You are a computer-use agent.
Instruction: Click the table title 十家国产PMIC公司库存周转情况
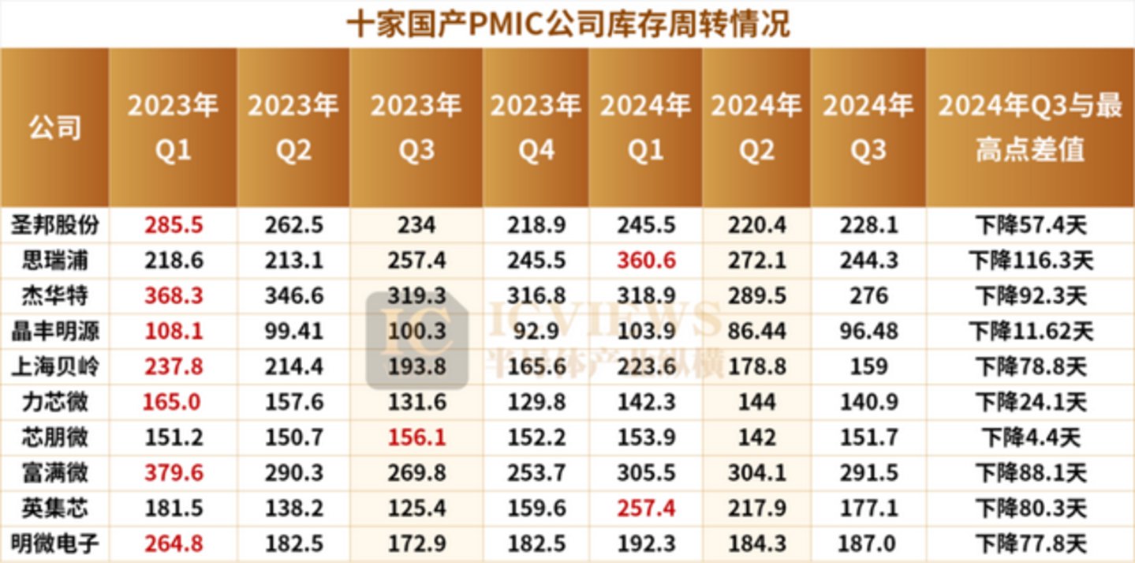(x=568, y=24)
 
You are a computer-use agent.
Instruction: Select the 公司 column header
(x=55, y=127)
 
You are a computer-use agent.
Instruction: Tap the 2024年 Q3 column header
(x=868, y=127)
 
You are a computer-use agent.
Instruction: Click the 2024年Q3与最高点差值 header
(x=1030, y=127)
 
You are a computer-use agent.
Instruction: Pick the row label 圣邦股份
(x=55, y=226)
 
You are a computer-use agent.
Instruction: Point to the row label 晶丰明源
(x=55, y=331)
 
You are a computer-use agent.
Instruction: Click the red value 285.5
(x=174, y=226)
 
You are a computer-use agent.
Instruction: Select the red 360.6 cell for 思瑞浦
(x=646, y=261)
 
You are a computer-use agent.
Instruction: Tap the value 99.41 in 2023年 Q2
(x=293, y=331)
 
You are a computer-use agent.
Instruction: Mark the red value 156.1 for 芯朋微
(x=416, y=437)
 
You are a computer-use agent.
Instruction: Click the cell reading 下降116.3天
(x=1030, y=261)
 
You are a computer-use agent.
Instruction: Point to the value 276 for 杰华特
(x=868, y=296)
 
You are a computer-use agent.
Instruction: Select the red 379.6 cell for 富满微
(x=174, y=472)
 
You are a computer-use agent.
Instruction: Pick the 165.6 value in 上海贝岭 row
(x=536, y=366)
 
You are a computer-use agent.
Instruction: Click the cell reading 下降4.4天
(x=1030, y=437)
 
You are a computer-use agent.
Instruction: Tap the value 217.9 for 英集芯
(x=756, y=508)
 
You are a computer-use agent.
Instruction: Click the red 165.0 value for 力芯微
(x=174, y=402)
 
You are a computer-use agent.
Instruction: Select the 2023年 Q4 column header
(x=536, y=127)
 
